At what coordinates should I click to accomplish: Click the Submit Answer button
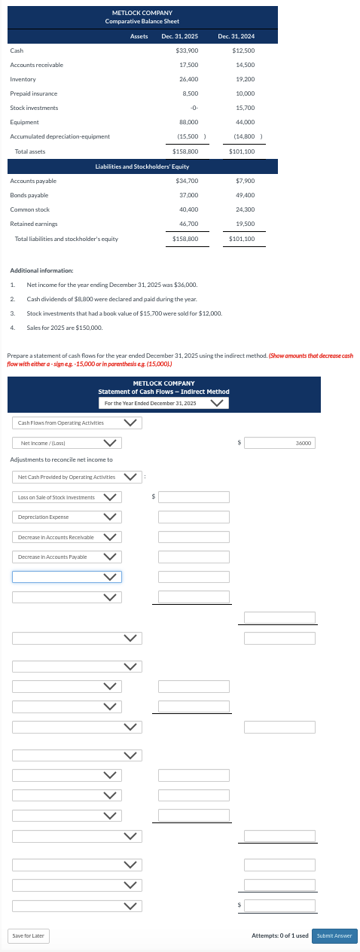(334, 935)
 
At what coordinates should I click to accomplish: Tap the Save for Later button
(29, 935)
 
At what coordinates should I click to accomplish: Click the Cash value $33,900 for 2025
(187, 50)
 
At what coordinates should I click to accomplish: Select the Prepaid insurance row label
(34, 93)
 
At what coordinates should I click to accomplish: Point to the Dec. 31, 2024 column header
(236, 36)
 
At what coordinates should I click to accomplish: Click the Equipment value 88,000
(188, 122)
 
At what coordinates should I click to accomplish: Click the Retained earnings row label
(29, 224)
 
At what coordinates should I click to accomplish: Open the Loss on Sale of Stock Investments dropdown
(66, 497)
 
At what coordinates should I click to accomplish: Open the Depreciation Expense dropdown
(66, 517)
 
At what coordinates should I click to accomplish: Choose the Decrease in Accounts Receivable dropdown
(66, 537)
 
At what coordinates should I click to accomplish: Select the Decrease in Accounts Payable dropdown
(66, 557)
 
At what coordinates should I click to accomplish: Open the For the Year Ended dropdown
(164, 404)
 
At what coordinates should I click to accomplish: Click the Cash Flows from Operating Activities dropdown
(76, 423)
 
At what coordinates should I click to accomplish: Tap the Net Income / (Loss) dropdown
(66, 443)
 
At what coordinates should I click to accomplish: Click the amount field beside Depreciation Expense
(194, 517)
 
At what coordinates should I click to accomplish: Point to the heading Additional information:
(41, 270)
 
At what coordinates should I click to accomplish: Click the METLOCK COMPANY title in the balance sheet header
(142, 13)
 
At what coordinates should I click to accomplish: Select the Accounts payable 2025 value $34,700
(187, 181)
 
